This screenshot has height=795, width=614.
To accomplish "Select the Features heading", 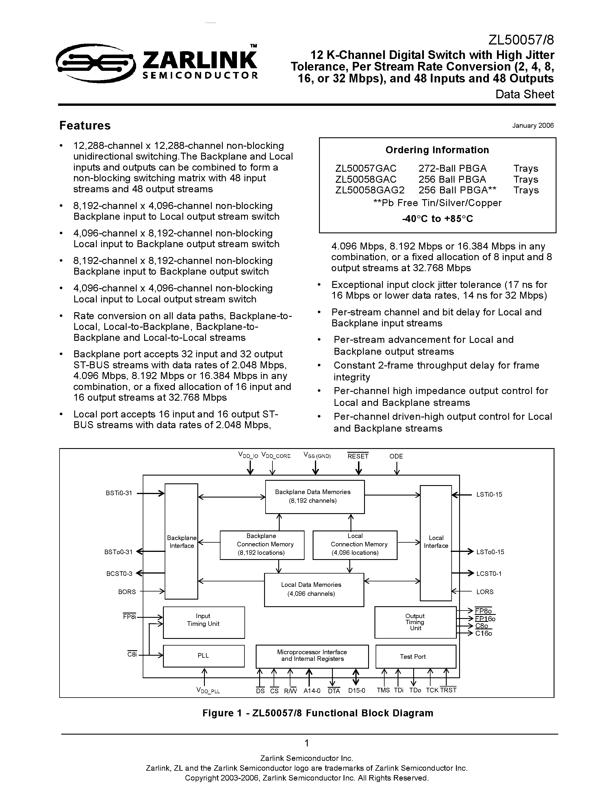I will [x=85, y=125].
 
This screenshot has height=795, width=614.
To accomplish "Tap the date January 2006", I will [x=533, y=125].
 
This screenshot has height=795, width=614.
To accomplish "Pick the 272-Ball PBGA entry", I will [x=452, y=169].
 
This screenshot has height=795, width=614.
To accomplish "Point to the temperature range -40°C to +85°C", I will [x=437, y=219].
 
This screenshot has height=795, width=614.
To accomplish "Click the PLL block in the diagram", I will [x=203, y=656].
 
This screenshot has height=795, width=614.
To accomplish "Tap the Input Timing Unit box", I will [x=203, y=622].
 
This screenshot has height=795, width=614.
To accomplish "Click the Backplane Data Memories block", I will [x=315, y=496].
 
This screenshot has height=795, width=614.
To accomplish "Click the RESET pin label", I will [x=358, y=456].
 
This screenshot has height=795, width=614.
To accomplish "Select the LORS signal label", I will [x=485, y=592].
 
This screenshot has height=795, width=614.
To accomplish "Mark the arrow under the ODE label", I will [x=396, y=468].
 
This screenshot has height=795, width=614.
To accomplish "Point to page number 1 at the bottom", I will [x=307, y=743].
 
